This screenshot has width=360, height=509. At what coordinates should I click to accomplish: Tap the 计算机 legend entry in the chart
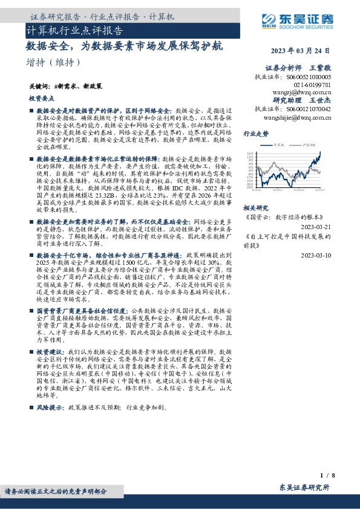278,145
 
